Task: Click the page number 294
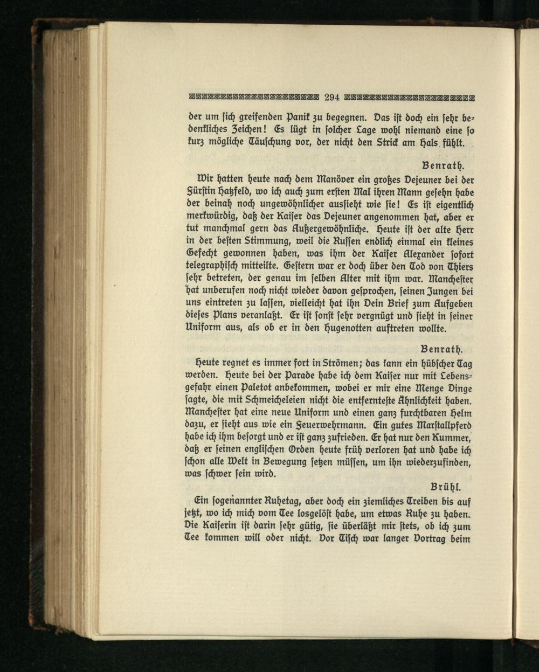click(331, 98)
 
